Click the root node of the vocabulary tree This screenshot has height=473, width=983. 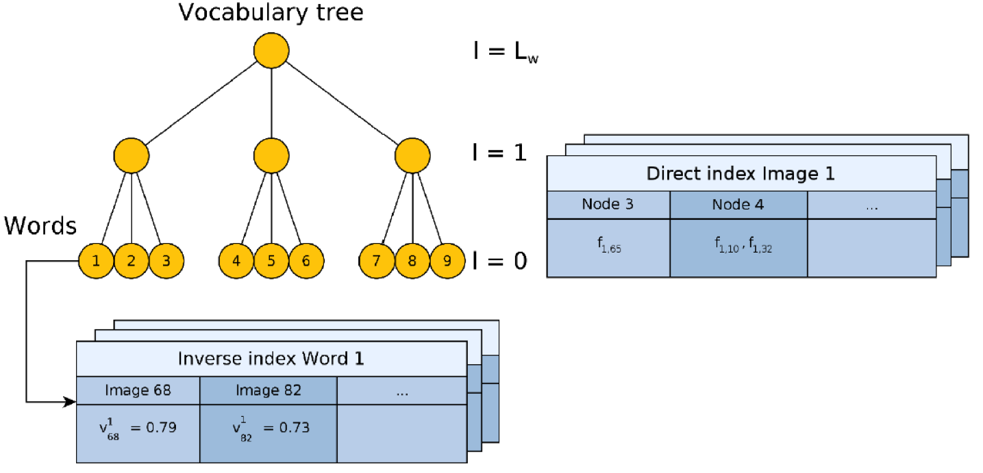pos(271,51)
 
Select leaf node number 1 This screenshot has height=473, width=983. pos(97,261)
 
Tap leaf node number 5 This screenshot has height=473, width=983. pos(271,261)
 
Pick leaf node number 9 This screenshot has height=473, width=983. pos(447,261)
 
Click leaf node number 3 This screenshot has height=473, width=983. pos(166,261)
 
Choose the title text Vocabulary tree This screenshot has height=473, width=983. pos(271,12)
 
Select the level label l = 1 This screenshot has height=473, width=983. pos(499,151)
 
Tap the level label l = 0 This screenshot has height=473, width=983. pos(499,261)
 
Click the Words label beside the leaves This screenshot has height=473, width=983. pos(40,226)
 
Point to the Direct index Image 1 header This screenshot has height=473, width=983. pos(741,173)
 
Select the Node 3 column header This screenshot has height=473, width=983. pos(608,205)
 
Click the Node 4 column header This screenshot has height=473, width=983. pos(738,205)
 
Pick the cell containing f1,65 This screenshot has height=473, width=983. pos(608,248)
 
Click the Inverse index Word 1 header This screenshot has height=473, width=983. pos(271,359)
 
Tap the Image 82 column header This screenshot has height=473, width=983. pos(268,390)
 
